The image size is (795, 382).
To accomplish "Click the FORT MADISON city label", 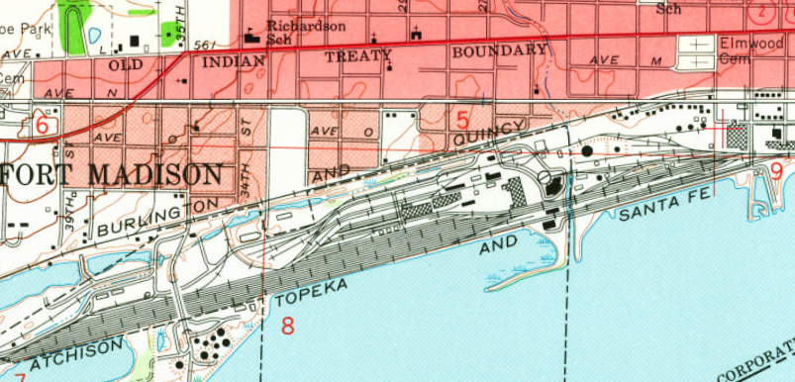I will (x=111, y=176).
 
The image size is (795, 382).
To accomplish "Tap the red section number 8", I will (x=288, y=326).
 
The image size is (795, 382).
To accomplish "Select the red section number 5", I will (x=462, y=120).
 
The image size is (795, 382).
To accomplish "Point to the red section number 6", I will (x=42, y=126).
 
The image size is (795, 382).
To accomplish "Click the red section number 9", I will (x=776, y=170).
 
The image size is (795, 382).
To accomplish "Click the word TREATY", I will (x=358, y=56).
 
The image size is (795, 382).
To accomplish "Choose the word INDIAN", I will (x=233, y=61).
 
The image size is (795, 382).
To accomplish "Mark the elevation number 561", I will (x=205, y=45).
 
